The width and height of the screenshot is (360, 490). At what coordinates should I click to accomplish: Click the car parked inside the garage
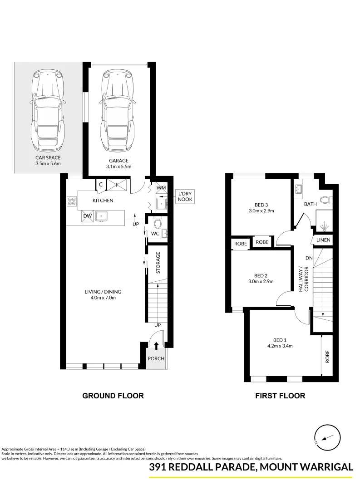(118, 111)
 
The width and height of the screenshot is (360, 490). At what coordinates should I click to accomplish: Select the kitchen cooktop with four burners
(72, 201)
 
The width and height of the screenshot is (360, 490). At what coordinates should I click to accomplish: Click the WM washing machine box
(161, 187)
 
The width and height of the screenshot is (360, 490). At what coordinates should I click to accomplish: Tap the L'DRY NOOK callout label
(185, 196)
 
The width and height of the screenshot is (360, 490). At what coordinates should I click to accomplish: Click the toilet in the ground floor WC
(158, 224)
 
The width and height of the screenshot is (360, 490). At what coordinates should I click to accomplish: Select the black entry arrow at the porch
(157, 346)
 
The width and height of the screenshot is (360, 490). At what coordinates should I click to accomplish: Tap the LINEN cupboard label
(324, 240)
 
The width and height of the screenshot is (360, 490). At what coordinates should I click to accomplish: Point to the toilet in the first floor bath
(325, 200)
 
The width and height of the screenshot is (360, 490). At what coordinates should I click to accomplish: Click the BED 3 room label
(261, 204)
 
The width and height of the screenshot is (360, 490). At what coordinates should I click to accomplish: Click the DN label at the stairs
(309, 258)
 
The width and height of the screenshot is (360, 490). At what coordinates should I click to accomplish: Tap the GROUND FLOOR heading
(113, 396)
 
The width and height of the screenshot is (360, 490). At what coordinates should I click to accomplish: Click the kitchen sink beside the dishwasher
(101, 216)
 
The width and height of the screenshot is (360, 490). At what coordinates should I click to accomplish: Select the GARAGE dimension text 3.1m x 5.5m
(118, 167)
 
